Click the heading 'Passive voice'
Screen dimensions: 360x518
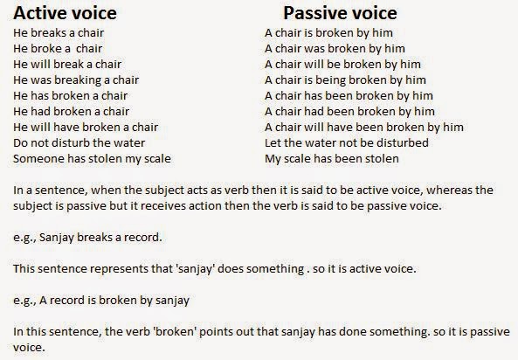340,13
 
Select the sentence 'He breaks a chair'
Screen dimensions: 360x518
59,33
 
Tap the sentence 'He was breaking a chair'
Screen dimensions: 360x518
76,80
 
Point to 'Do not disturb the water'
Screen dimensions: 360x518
79,142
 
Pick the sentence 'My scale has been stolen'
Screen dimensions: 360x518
331,158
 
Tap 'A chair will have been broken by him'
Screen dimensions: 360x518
363,128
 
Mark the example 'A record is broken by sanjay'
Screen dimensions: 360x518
100,300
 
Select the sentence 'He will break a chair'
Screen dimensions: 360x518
68,65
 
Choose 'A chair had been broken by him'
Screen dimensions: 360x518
349,112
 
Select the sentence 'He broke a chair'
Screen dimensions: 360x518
59,49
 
